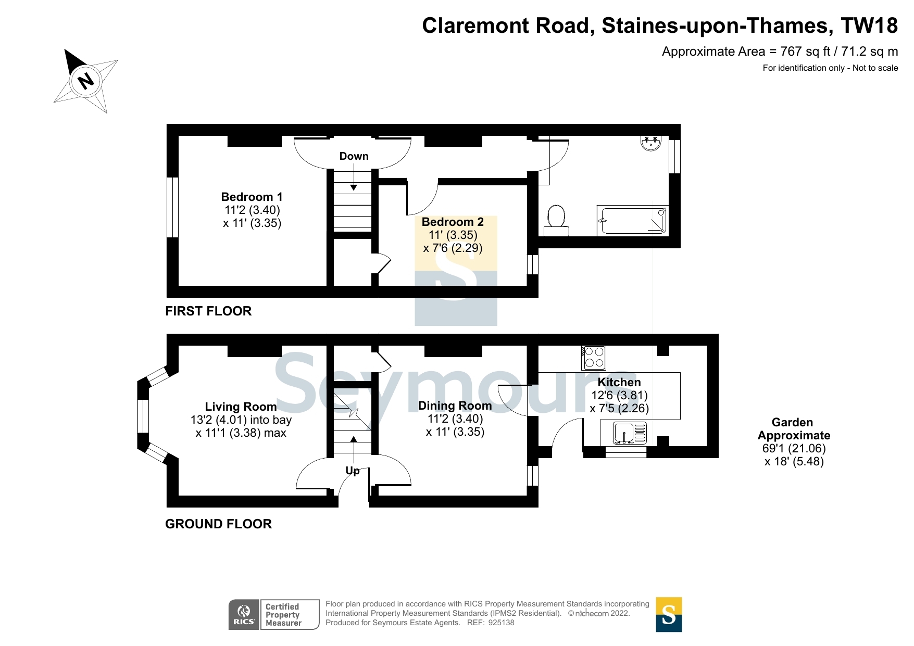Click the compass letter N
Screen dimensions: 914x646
[85, 81]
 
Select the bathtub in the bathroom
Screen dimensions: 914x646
[632, 220]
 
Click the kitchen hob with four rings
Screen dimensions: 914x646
[594, 358]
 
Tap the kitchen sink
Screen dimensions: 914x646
[623, 433]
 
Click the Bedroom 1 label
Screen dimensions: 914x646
[252, 197]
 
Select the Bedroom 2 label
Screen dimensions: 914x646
[453, 222]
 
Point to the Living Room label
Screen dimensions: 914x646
[241, 407]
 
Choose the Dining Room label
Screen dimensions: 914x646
[455, 406]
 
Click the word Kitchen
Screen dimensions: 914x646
[619, 382]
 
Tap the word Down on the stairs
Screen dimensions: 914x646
[354, 156]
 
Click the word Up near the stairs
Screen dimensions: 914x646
[353, 471]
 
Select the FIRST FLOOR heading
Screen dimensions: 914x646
[208, 311]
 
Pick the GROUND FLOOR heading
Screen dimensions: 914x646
[218, 524]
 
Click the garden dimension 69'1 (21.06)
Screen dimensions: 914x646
[794, 448]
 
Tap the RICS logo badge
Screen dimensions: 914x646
[244, 614]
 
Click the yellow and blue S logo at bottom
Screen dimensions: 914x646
[669, 614]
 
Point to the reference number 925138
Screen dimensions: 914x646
[501, 623]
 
